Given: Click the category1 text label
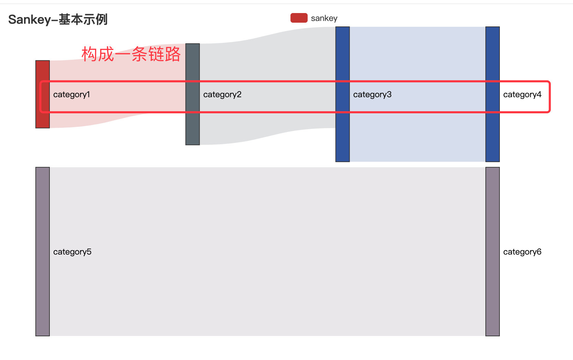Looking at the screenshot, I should coord(71,94).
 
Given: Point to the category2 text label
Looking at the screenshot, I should coord(222,94).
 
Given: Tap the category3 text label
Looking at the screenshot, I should coord(372,94).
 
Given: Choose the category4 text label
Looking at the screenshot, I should coord(522,94).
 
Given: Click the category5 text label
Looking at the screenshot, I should coord(72,252).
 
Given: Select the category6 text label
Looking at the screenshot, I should coord(522,252).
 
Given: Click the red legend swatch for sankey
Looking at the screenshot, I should coord(299,18).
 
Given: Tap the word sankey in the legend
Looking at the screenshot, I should coord(324,18).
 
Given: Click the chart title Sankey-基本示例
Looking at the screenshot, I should coord(58,20).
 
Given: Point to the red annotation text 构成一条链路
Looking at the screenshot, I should coord(131,54).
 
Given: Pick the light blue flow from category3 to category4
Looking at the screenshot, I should coord(417,137).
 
